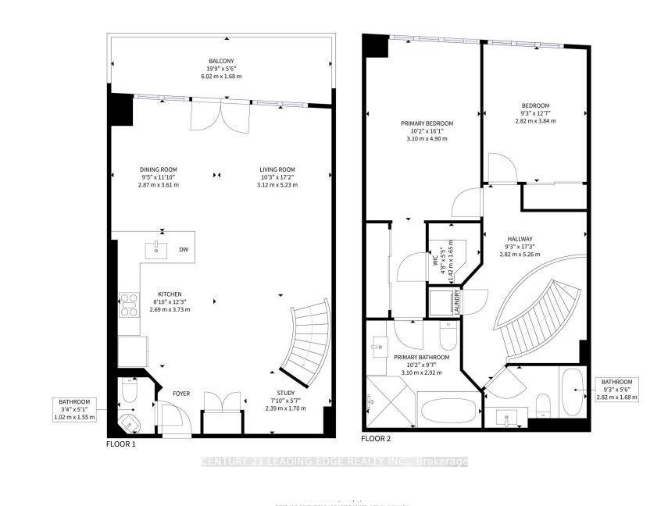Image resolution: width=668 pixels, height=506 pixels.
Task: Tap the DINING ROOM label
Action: (159, 169)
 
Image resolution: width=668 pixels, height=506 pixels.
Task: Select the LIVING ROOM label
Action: (277, 169)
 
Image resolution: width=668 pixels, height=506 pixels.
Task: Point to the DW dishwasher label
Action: (183, 250)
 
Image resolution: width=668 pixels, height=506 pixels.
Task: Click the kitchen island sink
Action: (156, 250)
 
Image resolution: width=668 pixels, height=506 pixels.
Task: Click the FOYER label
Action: (181, 394)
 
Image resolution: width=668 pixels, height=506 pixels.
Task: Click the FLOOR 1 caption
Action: (121, 443)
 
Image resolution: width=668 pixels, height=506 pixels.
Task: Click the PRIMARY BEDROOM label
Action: (427, 123)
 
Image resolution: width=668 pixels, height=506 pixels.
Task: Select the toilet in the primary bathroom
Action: (448, 337)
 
